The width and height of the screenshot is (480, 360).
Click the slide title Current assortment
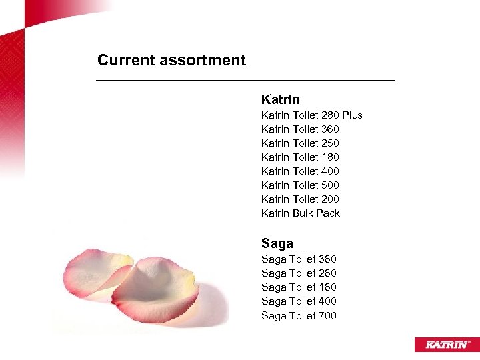[x=171, y=60]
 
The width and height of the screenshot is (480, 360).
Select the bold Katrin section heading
[x=280, y=100]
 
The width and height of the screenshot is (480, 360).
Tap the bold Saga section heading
[x=277, y=243]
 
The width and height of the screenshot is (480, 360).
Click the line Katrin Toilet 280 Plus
[x=311, y=115]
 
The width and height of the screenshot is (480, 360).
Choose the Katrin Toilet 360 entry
[x=300, y=129]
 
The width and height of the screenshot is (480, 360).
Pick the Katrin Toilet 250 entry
[x=300, y=143]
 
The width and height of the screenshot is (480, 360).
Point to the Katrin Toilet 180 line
[x=300, y=157]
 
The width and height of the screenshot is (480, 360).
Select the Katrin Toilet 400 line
[x=300, y=171]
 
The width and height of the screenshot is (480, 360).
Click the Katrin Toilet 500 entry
[x=300, y=185]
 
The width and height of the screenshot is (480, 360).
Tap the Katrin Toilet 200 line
[x=300, y=199]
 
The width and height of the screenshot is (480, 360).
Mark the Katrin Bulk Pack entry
[x=300, y=213]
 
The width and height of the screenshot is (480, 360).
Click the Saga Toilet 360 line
[x=299, y=259]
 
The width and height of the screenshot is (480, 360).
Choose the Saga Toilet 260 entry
[x=299, y=273]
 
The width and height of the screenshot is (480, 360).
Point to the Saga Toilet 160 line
[x=299, y=287]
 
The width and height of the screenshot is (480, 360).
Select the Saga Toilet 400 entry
[x=299, y=301]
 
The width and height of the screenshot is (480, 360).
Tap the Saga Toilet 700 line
[x=299, y=316]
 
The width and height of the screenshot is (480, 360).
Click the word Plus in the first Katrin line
[x=351, y=115]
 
